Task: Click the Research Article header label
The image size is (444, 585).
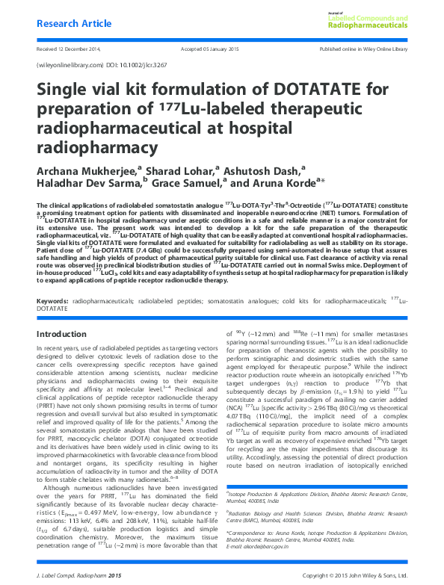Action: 71,23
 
